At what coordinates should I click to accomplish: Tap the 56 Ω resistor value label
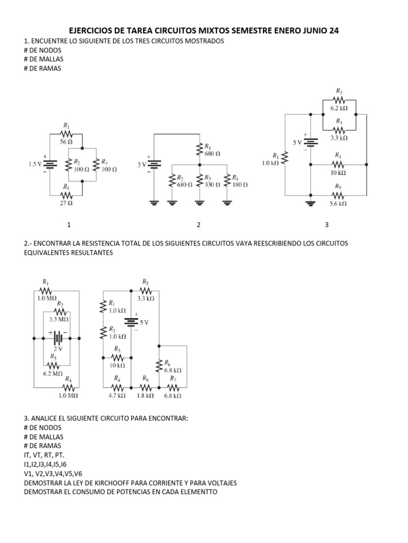pyautogui.click(x=66, y=142)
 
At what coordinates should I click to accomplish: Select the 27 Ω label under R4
pyautogui.click(x=66, y=203)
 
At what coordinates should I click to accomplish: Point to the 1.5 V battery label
pyautogui.click(x=35, y=164)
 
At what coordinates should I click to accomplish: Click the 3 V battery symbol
pyautogui.click(x=154, y=164)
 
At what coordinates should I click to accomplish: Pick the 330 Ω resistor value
pyautogui.click(x=212, y=185)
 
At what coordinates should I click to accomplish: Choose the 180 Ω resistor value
pyautogui.click(x=240, y=185)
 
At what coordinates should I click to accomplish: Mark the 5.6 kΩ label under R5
pyautogui.click(x=338, y=203)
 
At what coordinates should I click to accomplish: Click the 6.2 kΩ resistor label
pyautogui.click(x=338, y=108)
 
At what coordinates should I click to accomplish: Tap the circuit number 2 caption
pyautogui.click(x=199, y=225)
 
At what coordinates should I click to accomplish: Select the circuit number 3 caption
pyautogui.click(x=327, y=225)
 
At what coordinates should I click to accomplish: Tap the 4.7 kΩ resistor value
pyautogui.click(x=117, y=395)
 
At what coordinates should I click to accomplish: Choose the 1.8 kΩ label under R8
pyautogui.click(x=145, y=395)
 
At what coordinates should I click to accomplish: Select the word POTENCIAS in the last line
pyautogui.click(x=125, y=492)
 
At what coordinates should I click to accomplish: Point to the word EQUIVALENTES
pyautogui.click(x=48, y=253)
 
